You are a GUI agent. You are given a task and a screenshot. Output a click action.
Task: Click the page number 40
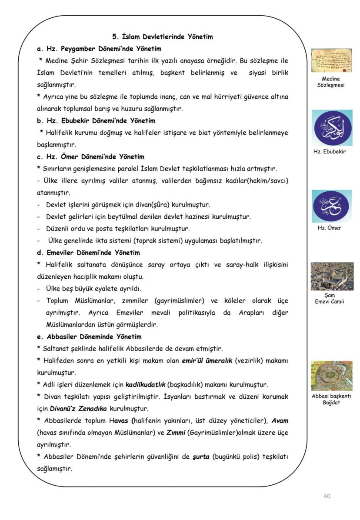(x=327, y=496)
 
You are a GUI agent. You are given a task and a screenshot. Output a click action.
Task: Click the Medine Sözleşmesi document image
(x=331, y=60)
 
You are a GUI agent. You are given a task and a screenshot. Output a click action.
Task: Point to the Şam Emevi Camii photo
(x=332, y=276)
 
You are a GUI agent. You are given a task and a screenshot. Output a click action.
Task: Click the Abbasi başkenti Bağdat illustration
(x=331, y=376)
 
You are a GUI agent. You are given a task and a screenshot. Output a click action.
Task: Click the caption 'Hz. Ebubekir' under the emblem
(x=330, y=152)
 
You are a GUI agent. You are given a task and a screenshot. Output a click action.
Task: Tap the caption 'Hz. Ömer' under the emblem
(x=330, y=228)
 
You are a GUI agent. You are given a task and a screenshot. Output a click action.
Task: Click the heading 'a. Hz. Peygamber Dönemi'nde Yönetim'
(x=99, y=49)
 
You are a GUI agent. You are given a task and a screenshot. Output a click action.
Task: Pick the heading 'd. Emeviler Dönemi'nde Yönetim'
(x=94, y=253)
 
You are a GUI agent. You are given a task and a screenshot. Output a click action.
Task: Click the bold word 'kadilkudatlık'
(x=145, y=385)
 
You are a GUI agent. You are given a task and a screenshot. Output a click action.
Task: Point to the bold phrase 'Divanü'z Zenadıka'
(x=80, y=409)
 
